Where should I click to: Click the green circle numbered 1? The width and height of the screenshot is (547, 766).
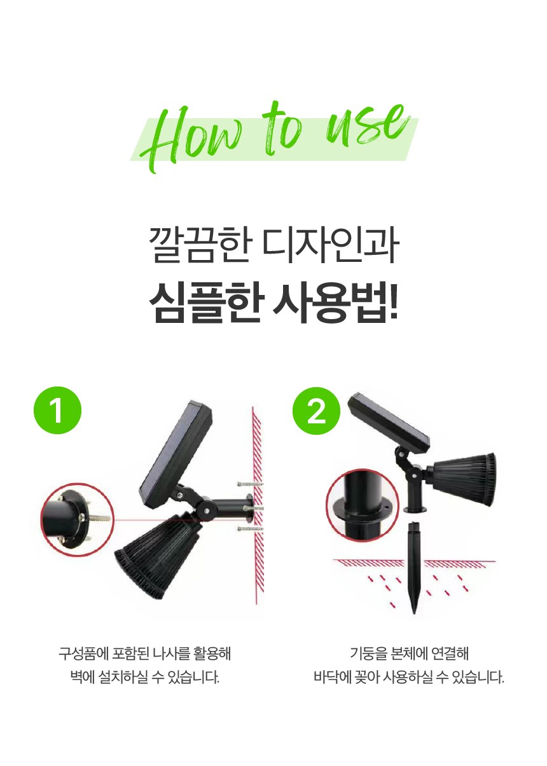pos(57,410)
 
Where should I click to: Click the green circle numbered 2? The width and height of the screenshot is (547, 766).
pos(316,411)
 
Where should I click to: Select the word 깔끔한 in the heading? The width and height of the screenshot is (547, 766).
pos(201,245)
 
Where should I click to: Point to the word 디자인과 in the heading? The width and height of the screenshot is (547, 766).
pos(331,245)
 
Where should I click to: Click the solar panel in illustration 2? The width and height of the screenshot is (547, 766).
pos(389,424)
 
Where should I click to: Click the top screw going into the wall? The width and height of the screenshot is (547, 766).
pos(251,484)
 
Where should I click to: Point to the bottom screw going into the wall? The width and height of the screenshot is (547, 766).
pos(251,529)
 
